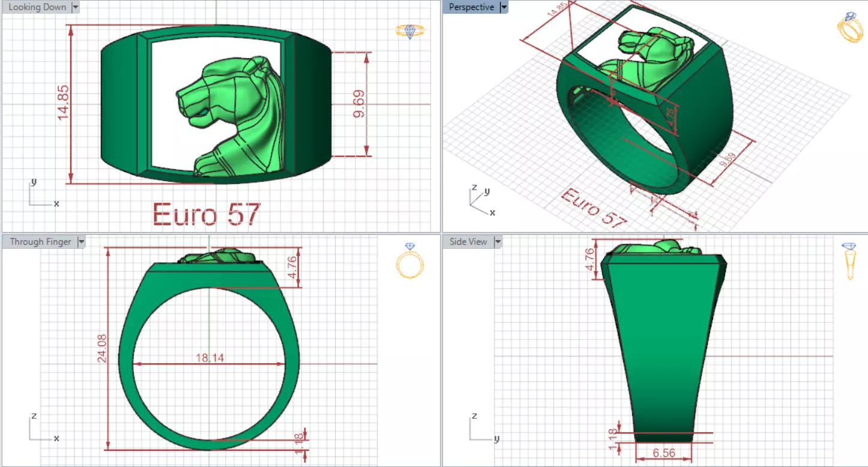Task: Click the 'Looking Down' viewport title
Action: coord(37,7)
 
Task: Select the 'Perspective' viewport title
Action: coord(472,7)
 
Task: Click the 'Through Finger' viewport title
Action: coord(41,242)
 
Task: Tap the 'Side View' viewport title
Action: coord(469,242)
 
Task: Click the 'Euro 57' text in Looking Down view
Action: coord(206,214)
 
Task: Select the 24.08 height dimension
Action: coord(102,348)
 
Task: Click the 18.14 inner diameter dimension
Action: coord(209,358)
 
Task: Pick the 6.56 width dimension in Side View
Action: coord(663,453)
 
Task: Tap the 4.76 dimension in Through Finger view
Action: coord(292,267)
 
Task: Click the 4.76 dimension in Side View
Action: coord(589,259)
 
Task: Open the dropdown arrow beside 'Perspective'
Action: coord(504,7)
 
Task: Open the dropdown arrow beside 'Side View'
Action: coord(497,242)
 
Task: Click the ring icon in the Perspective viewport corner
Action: coord(849,27)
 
